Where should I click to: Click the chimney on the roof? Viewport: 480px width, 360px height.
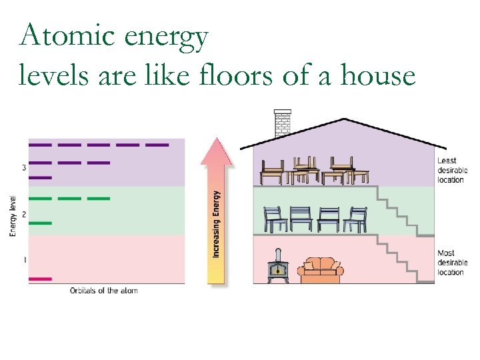tap(283, 123)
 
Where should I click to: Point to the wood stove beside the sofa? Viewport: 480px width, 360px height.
tap(277, 268)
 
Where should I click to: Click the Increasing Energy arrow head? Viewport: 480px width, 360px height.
tap(217, 151)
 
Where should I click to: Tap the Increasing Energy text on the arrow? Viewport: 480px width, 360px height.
tap(217, 224)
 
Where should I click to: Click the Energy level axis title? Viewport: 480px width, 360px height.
tap(13, 215)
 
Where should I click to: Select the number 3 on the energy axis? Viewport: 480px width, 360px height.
tap(24, 167)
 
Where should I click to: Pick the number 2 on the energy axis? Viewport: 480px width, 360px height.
tap(24, 214)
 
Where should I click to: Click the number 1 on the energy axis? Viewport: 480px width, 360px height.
tap(24, 260)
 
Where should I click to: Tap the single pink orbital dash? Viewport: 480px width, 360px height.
tap(40, 279)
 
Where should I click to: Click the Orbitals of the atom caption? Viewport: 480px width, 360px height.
tap(104, 291)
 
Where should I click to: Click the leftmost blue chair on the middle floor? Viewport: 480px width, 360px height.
tap(275, 219)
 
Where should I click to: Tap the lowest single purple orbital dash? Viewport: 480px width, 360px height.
tap(40, 177)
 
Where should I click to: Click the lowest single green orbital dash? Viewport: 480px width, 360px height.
tap(40, 223)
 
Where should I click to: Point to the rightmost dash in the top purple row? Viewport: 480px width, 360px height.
tap(157, 145)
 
